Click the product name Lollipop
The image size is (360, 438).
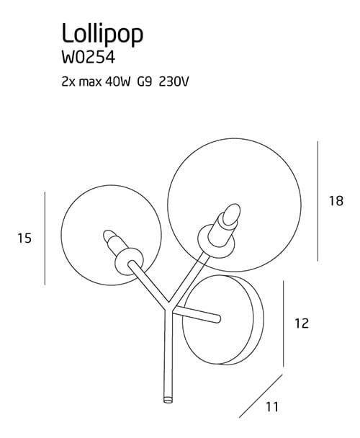[102, 34]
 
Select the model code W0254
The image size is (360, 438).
[89, 58]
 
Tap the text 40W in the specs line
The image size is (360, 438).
[118, 82]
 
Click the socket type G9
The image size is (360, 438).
[145, 82]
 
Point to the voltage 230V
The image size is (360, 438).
[174, 82]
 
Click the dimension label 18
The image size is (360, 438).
[336, 201]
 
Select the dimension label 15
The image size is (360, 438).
[24, 238]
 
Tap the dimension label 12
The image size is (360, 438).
[302, 323]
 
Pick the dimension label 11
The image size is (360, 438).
[272, 407]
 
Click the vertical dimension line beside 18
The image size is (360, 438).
[318, 201]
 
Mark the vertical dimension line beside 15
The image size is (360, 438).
[45, 238]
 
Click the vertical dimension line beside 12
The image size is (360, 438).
[284, 323]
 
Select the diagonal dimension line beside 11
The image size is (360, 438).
[261, 396]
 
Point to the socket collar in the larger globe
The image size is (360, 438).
[216, 241]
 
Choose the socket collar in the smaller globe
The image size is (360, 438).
[129, 261]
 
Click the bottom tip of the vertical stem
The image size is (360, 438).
[168, 401]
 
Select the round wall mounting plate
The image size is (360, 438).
[223, 320]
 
